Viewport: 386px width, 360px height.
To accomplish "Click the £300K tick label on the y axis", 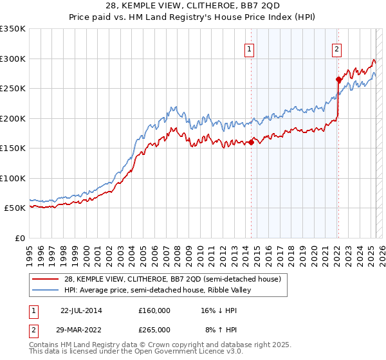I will [x=13, y=59].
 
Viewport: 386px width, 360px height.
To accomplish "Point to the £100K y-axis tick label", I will [x=13, y=178].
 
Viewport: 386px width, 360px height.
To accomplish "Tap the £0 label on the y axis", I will [x=20, y=238].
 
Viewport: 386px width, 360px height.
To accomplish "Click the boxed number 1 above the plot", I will [x=249, y=48].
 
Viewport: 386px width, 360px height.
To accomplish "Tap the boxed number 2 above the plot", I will [x=336, y=48].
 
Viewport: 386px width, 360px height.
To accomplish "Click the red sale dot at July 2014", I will [x=252, y=142].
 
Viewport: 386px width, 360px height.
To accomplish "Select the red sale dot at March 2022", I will [x=338, y=80].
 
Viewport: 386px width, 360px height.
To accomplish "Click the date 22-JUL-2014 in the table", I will [x=81, y=310].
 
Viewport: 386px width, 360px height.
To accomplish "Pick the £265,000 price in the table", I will [x=154, y=329].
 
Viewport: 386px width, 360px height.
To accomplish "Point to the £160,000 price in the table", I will [x=154, y=310].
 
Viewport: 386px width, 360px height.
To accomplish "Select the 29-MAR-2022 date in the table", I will [x=81, y=329].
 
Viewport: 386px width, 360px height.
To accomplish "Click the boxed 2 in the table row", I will [x=33, y=329].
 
